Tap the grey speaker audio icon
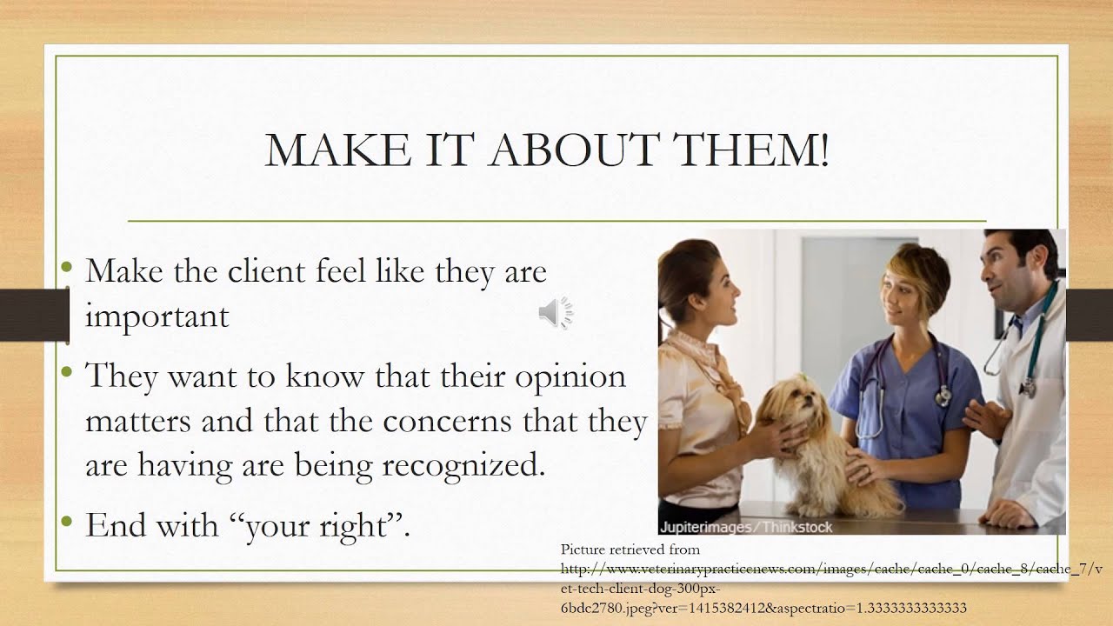[555, 313]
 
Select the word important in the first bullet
[157, 316]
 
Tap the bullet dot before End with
[68, 522]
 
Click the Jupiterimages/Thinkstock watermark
[746, 527]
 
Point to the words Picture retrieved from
[630, 549]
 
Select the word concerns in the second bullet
[445, 422]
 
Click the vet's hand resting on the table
[1009, 515]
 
